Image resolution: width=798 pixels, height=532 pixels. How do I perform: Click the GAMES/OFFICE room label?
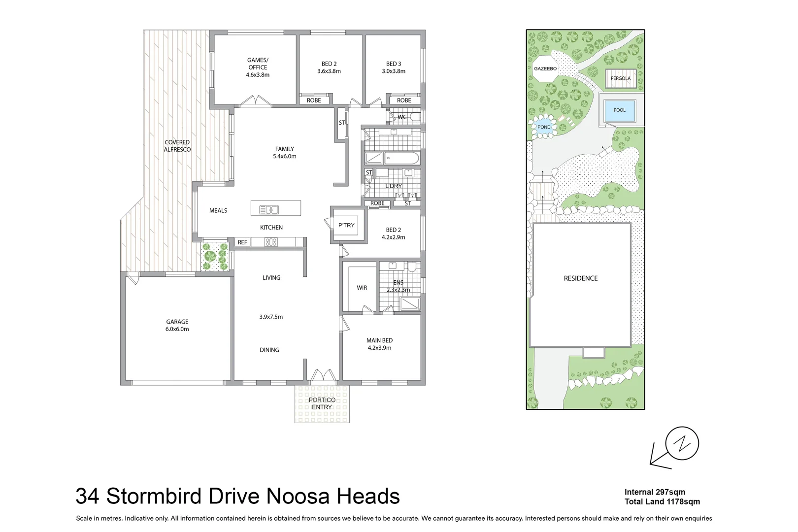click(x=258, y=64)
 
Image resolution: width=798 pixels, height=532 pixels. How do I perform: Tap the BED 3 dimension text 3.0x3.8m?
click(x=393, y=71)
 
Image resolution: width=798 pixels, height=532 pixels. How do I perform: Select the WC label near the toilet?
click(x=402, y=117)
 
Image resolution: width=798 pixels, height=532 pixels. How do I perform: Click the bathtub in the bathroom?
click(x=401, y=159)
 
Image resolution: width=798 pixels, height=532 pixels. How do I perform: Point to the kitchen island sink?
click(x=269, y=210)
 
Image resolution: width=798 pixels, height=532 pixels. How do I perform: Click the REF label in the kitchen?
click(x=242, y=242)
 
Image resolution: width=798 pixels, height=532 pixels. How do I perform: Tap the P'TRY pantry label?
click(x=346, y=226)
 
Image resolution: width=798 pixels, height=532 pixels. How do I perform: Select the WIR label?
click(x=362, y=288)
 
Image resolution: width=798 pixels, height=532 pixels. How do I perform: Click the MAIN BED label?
click(x=379, y=340)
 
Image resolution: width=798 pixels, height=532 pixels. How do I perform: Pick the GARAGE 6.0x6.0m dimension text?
click(x=177, y=329)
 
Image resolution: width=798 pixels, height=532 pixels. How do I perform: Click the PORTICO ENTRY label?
click(x=322, y=403)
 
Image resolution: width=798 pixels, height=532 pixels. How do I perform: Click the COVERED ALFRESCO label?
click(x=177, y=146)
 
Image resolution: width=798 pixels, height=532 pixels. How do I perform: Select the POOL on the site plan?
click(x=619, y=110)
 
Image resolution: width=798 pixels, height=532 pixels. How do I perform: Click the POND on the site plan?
click(x=544, y=127)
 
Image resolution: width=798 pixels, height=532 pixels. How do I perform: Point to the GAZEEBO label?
click(x=545, y=69)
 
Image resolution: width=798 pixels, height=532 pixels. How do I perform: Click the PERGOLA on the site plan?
click(x=620, y=78)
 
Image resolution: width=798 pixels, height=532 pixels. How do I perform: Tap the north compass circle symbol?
click(x=682, y=444)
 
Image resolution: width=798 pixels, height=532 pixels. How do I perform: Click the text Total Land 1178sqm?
click(x=662, y=502)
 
